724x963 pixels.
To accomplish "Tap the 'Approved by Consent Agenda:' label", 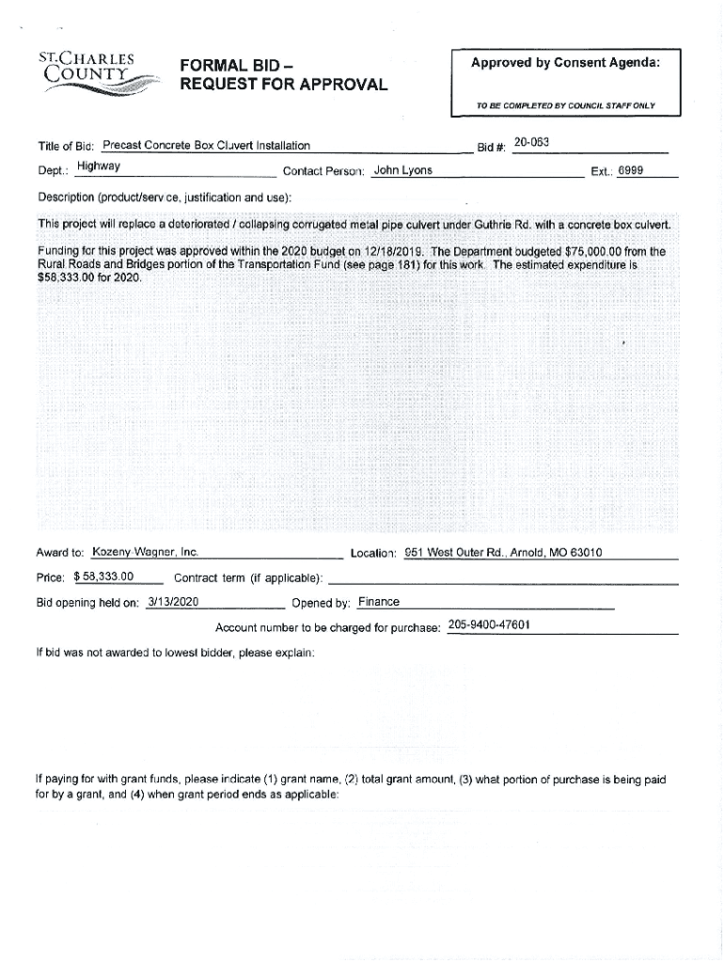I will pyautogui.click(x=565, y=63).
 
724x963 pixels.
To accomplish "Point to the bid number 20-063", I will pyautogui.click(x=531, y=143).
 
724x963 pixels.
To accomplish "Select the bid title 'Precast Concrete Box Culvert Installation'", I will pyautogui.click(x=206, y=146).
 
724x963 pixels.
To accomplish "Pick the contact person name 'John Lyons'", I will pyautogui.click(x=402, y=171).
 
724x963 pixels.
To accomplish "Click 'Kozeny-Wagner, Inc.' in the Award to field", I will pyautogui.click(x=144, y=552).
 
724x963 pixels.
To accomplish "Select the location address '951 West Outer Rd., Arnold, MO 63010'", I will pyautogui.click(x=503, y=552).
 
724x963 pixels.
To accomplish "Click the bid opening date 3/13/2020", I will pyautogui.click(x=172, y=602).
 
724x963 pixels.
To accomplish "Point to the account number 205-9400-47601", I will pyautogui.click(x=489, y=625).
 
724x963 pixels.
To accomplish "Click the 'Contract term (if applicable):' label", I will pyautogui.click(x=249, y=577).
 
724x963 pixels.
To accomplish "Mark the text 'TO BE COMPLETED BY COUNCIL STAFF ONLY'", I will pyautogui.click(x=565, y=106).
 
